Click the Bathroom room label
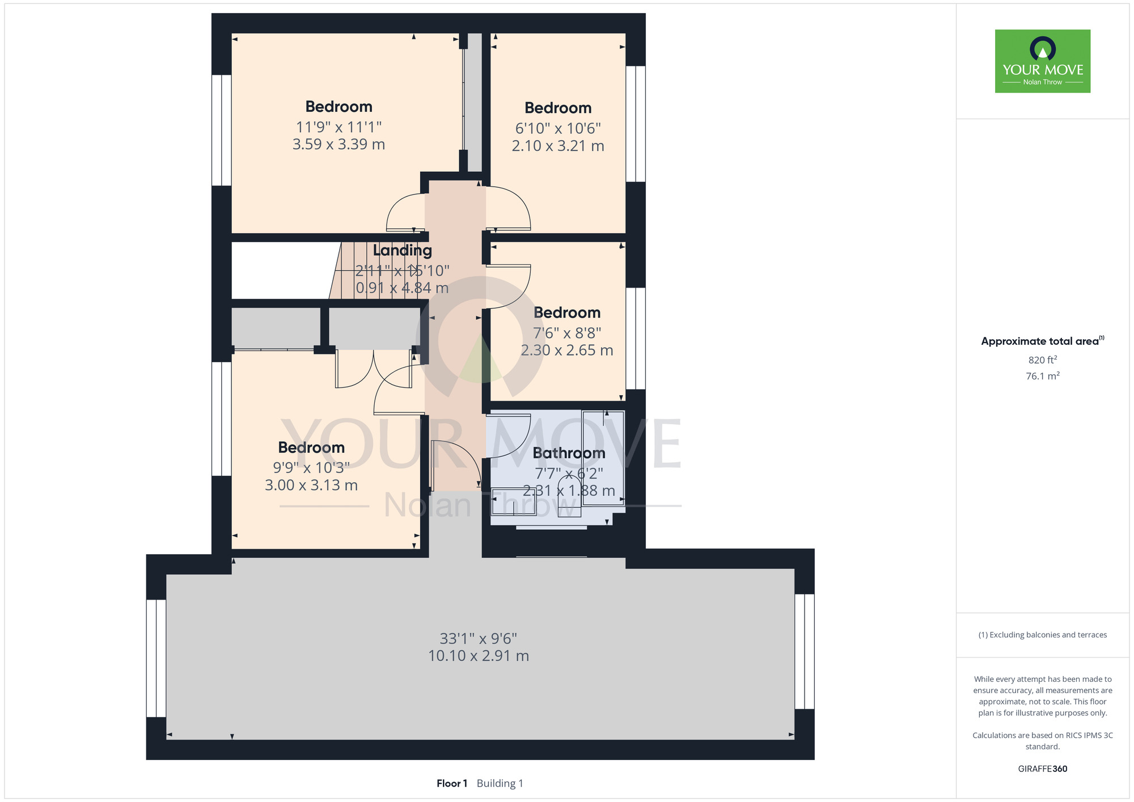[569, 453]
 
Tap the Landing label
[403, 251]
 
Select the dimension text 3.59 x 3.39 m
[338, 145]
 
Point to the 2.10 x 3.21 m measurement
[558, 146]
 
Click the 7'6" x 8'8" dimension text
[567, 333]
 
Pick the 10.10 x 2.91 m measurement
[479, 656]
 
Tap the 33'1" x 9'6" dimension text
[479, 639]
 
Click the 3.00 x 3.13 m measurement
[311, 486]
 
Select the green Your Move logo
[1043, 61]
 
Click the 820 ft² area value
[1043, 360]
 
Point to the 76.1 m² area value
[1043, 376]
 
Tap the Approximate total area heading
[1043, 341]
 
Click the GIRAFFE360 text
[1043, 769]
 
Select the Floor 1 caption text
[452, 783]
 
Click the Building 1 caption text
[500, 783]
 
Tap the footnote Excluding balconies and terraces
[1043, 635]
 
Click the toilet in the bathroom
[569, 496]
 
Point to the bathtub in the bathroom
[603, 455]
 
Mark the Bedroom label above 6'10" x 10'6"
[558, 108]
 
